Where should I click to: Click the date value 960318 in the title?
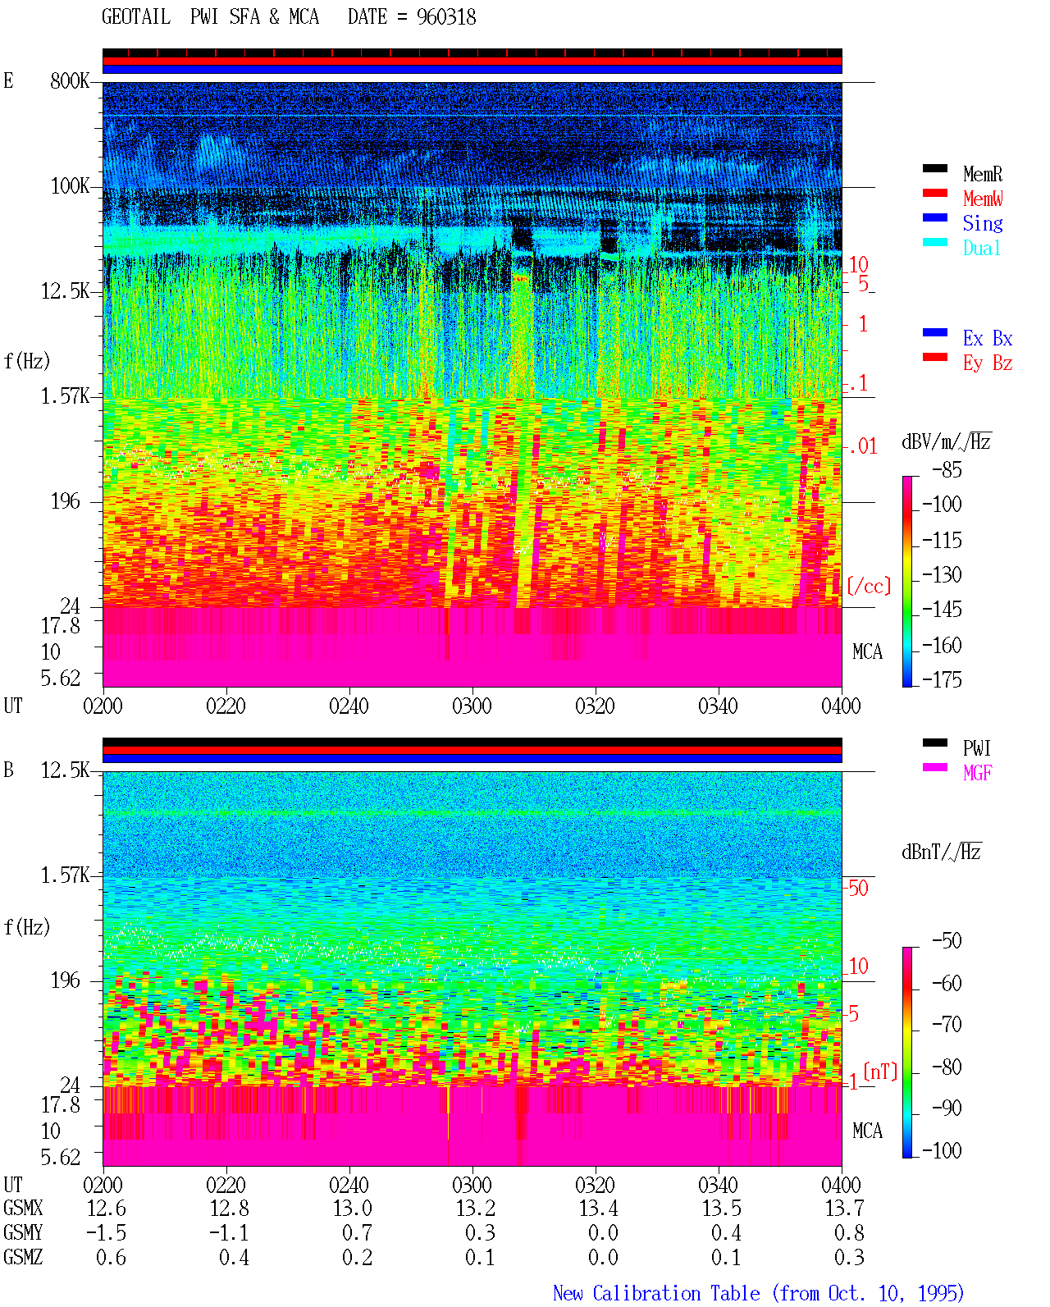[445, 17]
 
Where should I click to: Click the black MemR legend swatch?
[934, 168]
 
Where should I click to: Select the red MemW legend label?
[982, 199]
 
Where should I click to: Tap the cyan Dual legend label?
[981, 248]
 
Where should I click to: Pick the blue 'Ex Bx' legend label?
[987, 338]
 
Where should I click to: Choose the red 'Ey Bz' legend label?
[987, 363]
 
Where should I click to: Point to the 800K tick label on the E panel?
[70, 80]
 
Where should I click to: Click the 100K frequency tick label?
[70, 186]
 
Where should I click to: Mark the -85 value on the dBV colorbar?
[947, 469]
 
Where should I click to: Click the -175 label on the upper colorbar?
[942, 679]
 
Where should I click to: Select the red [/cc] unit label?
[869, 586]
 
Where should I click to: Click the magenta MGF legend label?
[977, 773]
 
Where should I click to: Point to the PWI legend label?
[976, 748]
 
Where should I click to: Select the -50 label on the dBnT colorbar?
[947, 941]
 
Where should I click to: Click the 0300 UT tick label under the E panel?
[472, 706]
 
